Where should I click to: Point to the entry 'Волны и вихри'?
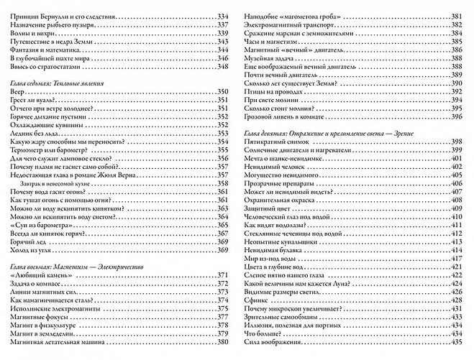pyautogui.click(x=27, y=34)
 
